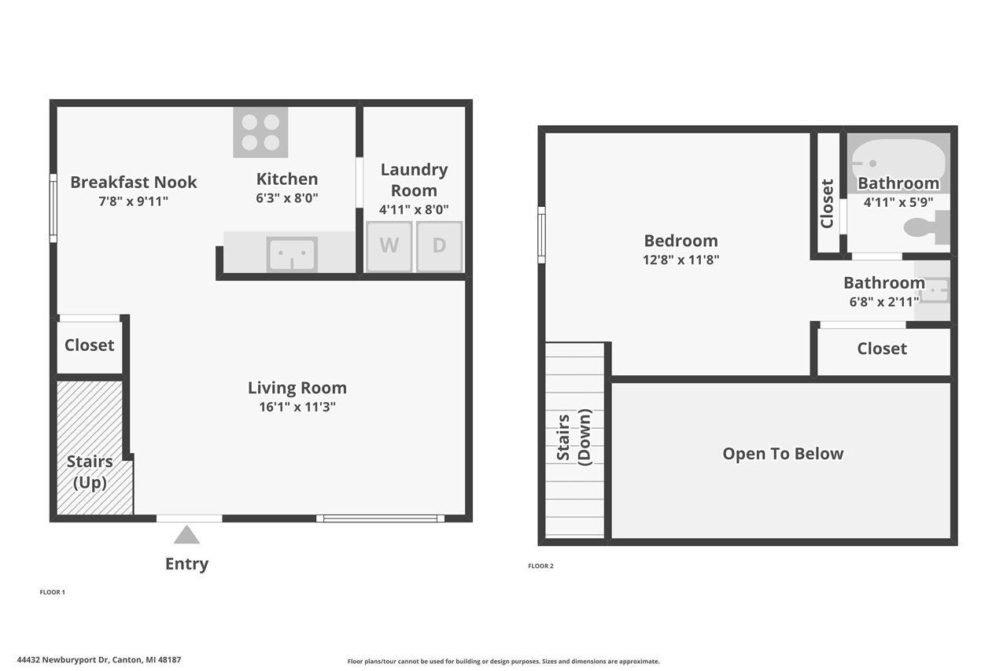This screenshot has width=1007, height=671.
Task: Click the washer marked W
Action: click(389, 245)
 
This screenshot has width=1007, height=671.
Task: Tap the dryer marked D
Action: click(439, 245)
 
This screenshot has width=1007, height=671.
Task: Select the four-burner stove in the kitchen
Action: click(260, 132)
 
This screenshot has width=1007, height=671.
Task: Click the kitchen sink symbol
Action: click(292, 254)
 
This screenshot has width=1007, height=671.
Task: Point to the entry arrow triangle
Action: click(186, 535)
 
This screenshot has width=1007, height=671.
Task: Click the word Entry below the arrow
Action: click(186, 564)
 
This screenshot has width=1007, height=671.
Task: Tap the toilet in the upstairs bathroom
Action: click(925, 227)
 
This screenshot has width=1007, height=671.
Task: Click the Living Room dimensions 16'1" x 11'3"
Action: click(297, 407)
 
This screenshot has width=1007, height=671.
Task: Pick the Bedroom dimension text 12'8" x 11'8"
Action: click(681, 260)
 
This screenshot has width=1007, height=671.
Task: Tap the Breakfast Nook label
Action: click(134, 182)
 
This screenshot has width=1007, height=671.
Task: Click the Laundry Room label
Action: click(414, 179)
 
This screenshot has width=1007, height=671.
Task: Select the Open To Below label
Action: click(783, 454)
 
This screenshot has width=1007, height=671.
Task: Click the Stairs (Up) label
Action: click(90, 472)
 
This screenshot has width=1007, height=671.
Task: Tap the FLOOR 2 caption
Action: click(540, 566)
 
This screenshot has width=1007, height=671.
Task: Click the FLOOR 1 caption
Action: click(52, 592)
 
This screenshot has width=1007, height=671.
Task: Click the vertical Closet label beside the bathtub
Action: click(827, 203)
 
